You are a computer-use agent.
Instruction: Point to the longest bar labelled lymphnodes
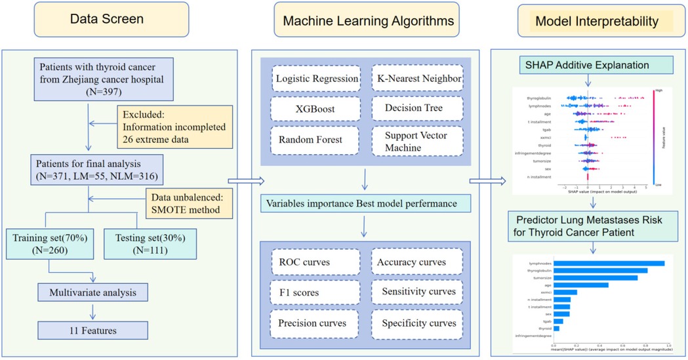coord(609,263)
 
